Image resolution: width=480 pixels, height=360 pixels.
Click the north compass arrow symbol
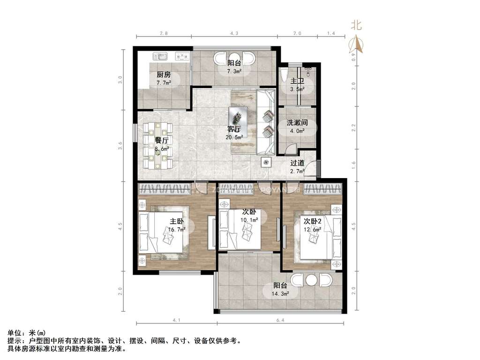(x=357, y=43)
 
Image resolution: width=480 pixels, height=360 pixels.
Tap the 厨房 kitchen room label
(x=164, y=75)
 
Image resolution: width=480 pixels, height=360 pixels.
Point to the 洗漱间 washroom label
(x=297, y=123)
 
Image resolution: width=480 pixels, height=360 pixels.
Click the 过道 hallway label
(x=297, y=163)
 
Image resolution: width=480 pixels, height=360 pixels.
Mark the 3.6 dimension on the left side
(x=120, y=146)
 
